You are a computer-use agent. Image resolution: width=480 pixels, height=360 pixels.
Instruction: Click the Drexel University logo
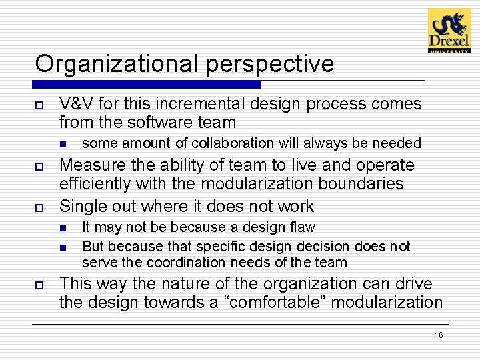coord(449,31)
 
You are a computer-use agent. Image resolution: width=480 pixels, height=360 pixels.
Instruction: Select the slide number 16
coord(438,335)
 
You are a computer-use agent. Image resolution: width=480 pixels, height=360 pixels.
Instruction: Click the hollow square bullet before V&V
coord(39,105)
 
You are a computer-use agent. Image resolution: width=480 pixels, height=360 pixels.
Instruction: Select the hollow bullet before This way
coord(39,285)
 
